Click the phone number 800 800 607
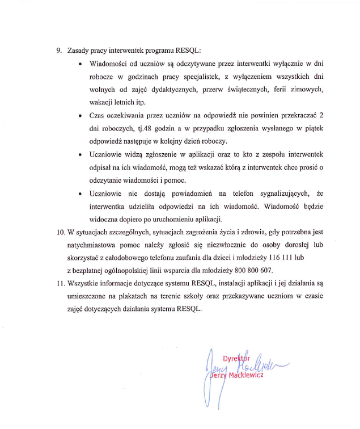(x=252, y=270)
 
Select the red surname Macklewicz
(x=243, y=377)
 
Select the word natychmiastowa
(x=94, y=245)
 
